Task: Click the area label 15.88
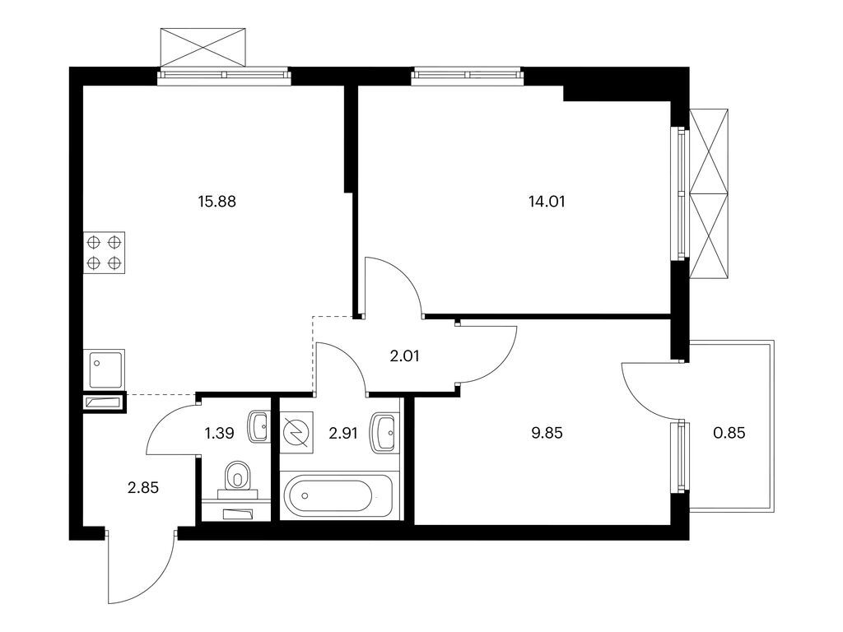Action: (217, 202)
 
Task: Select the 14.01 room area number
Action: (547, 202)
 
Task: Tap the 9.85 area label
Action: (547, 433)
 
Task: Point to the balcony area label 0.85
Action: (729, 433)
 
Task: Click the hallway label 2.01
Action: (404, 355)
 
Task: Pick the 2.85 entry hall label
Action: (143, 487)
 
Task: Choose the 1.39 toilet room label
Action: (219, 433)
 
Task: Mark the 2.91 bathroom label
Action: (343, 433)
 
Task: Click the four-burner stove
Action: (105, 253)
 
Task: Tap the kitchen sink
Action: (105, 369)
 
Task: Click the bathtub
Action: (340, 495)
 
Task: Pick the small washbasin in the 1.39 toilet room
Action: (259, 427)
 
